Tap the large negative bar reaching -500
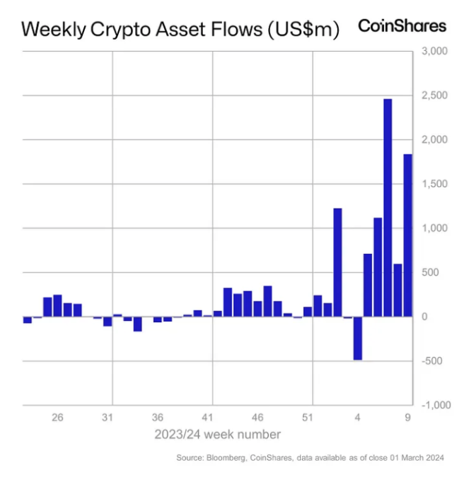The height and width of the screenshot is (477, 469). click(x=358, y=338)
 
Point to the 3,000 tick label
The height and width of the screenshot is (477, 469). click(x=434, y=52)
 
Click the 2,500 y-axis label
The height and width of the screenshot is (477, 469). click(x=434, y=96)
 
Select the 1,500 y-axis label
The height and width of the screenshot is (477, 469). click(x=434, y=184)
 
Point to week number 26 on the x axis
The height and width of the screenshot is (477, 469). click(x=57, y=418)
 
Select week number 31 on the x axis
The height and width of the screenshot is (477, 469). click(x=108, y=418)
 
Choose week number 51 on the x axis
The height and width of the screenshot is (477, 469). click(x=308, y=418)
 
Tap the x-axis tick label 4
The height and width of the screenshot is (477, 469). click(x=358, y=418)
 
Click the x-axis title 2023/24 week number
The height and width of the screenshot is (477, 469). click(x=217, y=434)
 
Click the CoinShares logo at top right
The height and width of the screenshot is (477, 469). click(x=403, y=26)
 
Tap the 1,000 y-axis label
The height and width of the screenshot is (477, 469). click(x=434, y=228)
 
